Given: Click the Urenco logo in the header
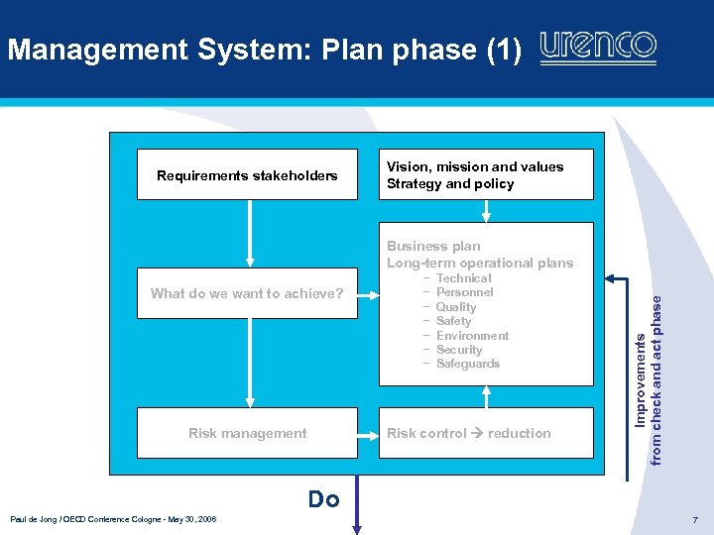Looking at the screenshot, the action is click(598, 47).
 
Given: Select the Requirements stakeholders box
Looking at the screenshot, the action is click(247, 175).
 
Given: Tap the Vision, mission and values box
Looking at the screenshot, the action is click(485, 175).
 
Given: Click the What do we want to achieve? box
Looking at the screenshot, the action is click(247, 293).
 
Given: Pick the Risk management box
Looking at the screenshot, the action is click(247, 433).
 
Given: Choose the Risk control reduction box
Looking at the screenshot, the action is click(485, 433).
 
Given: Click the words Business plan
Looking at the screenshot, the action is click(433, 246).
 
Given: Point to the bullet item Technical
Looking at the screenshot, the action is click(463, 278).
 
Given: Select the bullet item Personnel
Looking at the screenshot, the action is click(464, 292).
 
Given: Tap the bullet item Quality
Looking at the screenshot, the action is click(456, 307).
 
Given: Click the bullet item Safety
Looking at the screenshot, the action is click(453, 321).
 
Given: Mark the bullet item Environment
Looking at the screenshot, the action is click(472, 336).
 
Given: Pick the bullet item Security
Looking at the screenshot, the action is click(458, 350).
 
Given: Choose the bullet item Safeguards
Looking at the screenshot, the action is click(468, 364).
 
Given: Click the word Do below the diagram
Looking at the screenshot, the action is click(323, 499).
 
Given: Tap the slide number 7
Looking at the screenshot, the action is click(695, 520).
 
